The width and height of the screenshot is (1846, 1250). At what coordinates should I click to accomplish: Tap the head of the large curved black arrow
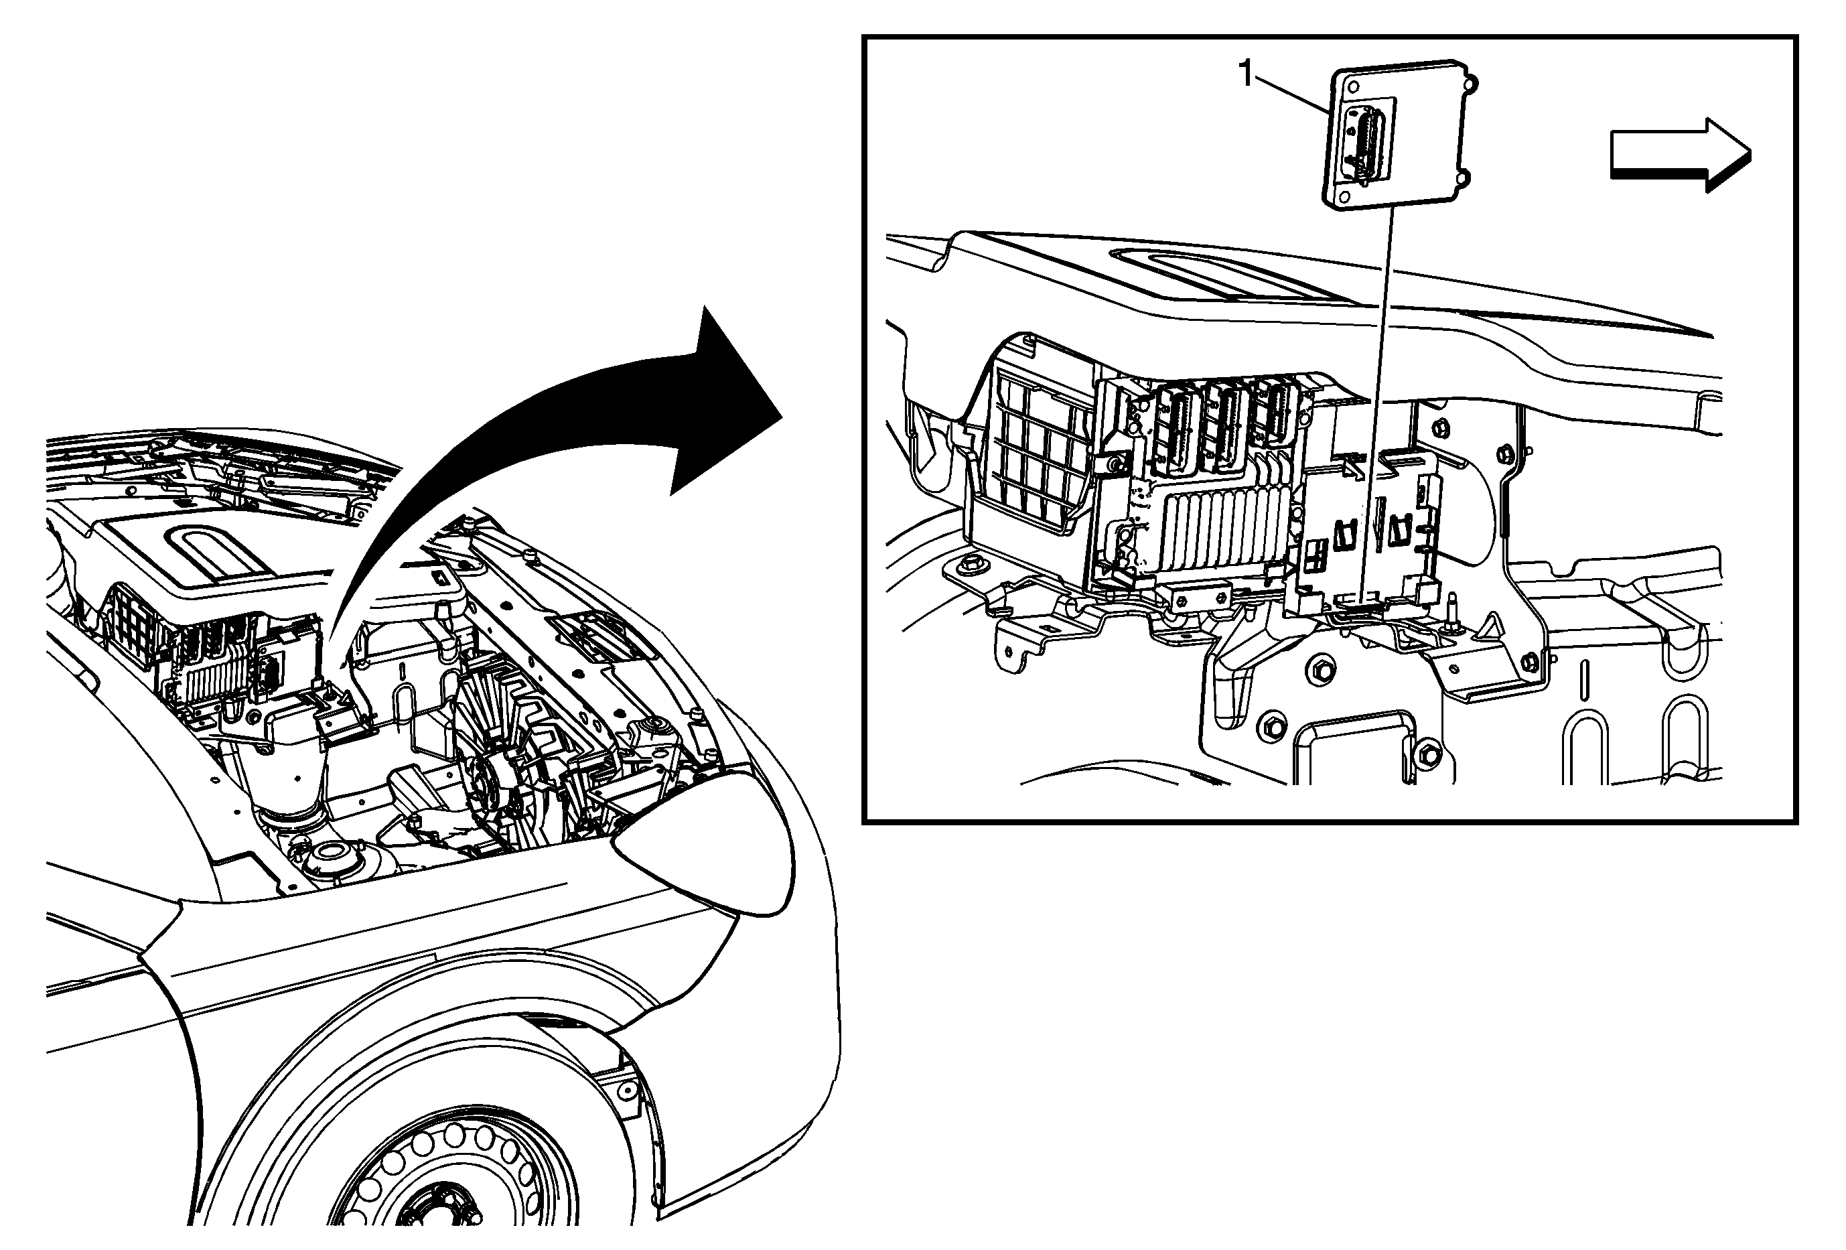tap(719, 397)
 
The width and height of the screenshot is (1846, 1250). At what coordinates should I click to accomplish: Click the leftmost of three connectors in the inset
tap(1175, 428)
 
